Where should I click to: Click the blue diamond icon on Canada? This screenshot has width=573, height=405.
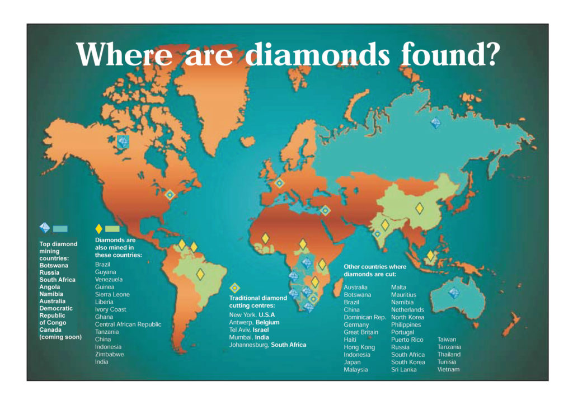pyautogui.click(x=123, y=142)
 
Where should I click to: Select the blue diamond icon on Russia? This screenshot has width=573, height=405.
pyautogui.click(x=435, y=123)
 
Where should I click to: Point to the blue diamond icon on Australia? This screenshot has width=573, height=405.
pyautogui.click(x=454, y=293)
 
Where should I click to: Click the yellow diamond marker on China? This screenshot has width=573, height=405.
pyautogui.click(x=420, y=209)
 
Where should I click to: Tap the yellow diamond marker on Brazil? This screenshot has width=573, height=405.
pyautogui.click(x=200, y=274)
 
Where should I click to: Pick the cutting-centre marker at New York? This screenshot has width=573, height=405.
pyautogui.click(x=170, y=195)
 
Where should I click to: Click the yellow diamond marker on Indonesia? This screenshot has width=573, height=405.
pyautogui.click(x=430, y=256)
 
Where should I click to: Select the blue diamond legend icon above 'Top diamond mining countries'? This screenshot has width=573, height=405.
pyautogui.click(x=45, y=228)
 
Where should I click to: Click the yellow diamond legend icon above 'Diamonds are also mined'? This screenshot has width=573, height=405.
pyautogui.click(x=99, y=228)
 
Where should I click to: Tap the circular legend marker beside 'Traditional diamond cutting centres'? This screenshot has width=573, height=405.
pyautogui.click(x=236, y=288)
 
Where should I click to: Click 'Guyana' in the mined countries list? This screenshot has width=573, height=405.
pyautogui.click(x=106, y=272)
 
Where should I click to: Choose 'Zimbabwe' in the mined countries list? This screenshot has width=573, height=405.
pyautogui.click(x=110, y=354)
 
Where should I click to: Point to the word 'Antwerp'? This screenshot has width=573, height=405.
pyautogui.click(x=242, y=322)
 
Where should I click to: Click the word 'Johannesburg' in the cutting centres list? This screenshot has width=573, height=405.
pyautogui.click(x=249, y=345)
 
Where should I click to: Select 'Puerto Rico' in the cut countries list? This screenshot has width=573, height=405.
pyautogui.click(x=407, y=340)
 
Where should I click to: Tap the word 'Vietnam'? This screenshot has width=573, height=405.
pyautogui.click(x=448, y=370)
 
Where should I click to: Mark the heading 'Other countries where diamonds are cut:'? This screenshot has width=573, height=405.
pyautogui.click(x=375, y=271)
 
